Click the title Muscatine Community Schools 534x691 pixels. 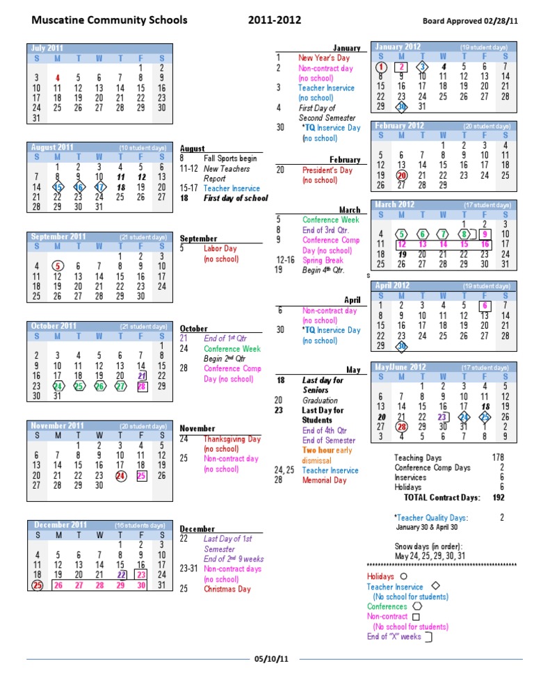click(109, 20)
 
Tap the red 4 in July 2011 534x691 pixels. click(58, 79)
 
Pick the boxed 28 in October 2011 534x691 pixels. click(142, 386)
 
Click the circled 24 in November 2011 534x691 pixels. click(121, 476)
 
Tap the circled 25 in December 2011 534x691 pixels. click(37, 585)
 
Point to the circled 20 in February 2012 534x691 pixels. click(401, 176)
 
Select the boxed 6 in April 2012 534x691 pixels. click(485, 305)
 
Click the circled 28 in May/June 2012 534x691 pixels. click(401, 427)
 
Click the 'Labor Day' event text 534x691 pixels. click(220, 249)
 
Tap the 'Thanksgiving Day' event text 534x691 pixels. click(232, 439)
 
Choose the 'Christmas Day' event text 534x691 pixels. click(227, 590)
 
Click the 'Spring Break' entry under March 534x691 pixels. click(323, 261)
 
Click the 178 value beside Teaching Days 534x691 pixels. click(497, 458)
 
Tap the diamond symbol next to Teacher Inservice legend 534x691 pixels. click(436, 587)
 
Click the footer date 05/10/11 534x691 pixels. click(270, 659)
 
